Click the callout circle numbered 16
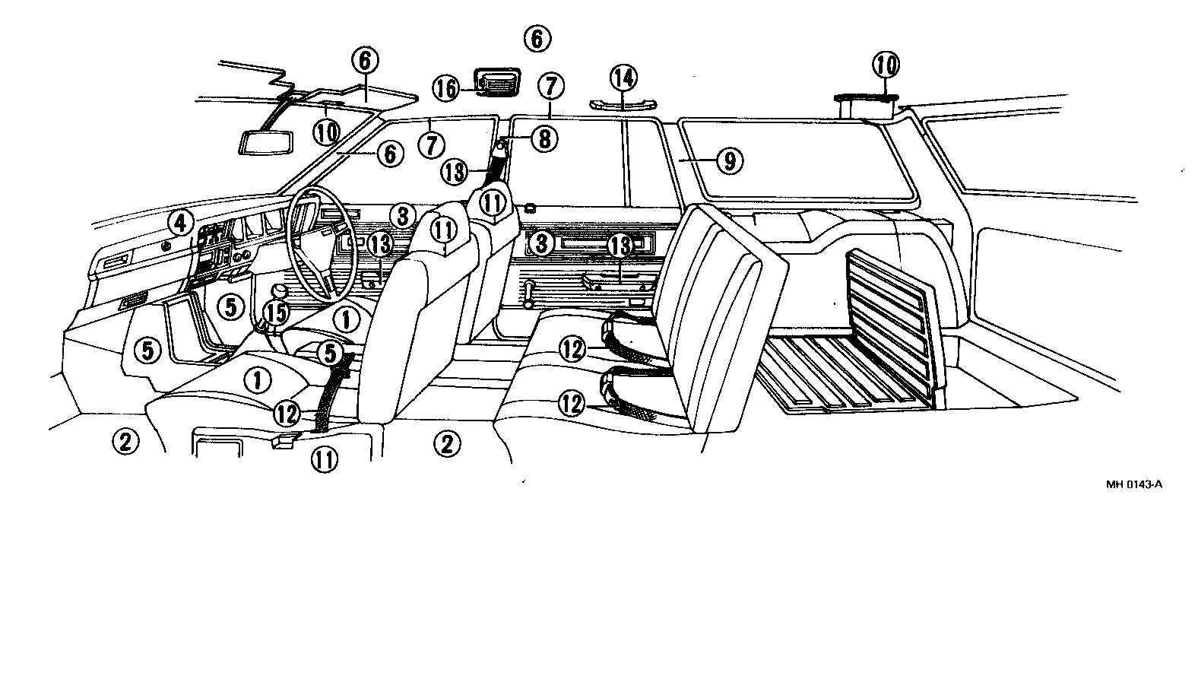[447, 88]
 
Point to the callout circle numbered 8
[544, 138]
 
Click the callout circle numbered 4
[179, 223]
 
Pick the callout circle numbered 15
[277, 313]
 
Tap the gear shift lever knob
[280, 291]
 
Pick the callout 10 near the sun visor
[326, 132]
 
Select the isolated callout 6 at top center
[537, 38]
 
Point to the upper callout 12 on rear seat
[574, 349]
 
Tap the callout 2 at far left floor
[125, 440]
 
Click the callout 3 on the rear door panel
[541, 244]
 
